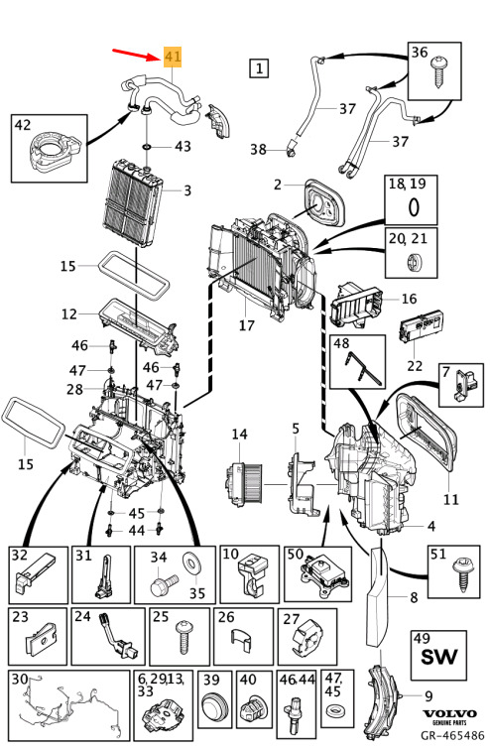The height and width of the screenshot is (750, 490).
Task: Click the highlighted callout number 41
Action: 173,57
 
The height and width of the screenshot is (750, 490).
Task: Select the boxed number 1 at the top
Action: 259,67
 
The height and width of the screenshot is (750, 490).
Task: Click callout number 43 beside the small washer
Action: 183,146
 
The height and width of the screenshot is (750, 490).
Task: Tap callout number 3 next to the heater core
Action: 187,190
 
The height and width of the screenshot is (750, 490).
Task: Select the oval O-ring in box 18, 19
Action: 414,207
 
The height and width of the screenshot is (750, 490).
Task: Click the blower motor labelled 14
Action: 244,481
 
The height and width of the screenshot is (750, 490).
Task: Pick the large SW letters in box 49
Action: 438,657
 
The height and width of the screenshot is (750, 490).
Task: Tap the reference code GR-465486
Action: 452,735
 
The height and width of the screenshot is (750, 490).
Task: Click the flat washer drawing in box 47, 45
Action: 334,710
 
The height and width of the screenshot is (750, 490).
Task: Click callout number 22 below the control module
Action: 415,365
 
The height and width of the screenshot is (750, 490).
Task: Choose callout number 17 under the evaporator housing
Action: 247,325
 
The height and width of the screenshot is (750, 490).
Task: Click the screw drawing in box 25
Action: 184,637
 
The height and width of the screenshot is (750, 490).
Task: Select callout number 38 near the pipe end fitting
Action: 258,149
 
